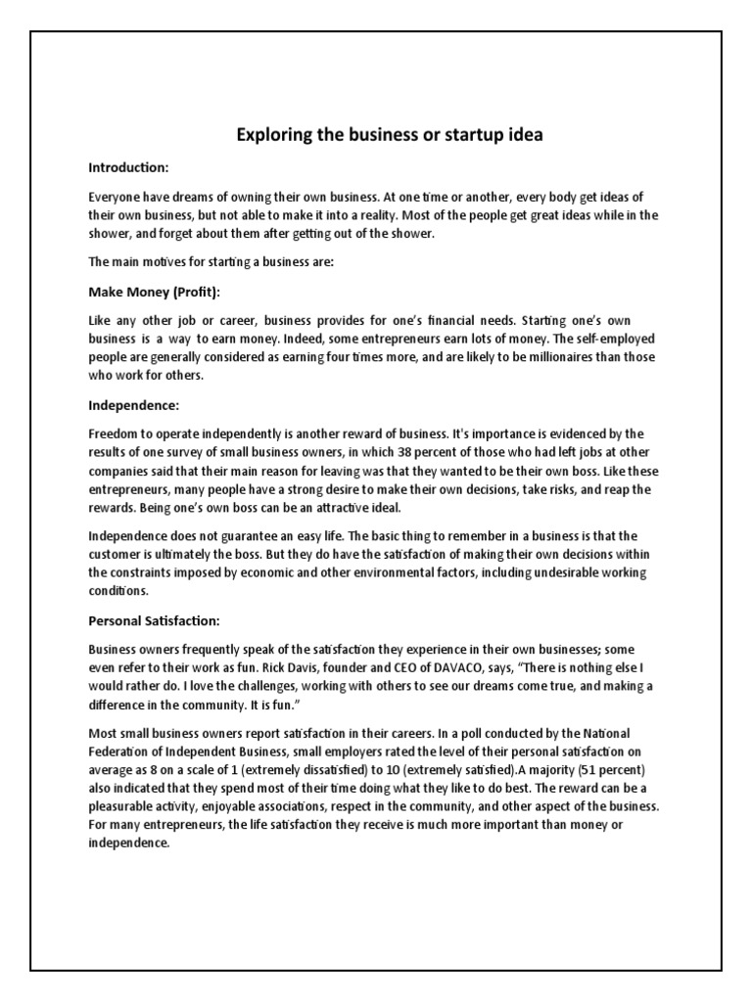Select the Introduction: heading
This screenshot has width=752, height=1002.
[128, 167]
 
